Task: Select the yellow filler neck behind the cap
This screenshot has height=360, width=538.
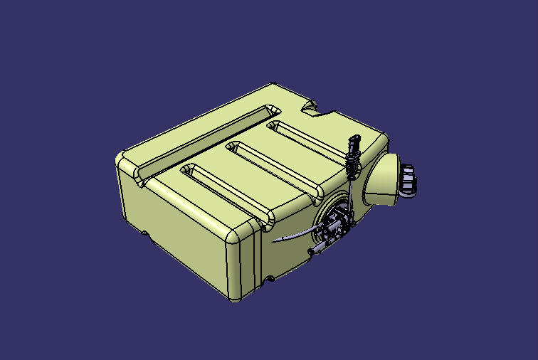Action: tap(384, 181)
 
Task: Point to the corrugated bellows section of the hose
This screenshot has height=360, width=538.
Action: tap(352, 169)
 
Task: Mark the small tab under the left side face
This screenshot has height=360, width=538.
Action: tap(145, 233)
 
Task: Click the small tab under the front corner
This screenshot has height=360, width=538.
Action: tap(270, 278)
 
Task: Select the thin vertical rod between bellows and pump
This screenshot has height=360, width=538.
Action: tap(350, 196)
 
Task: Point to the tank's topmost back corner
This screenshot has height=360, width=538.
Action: tap(274, 87)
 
